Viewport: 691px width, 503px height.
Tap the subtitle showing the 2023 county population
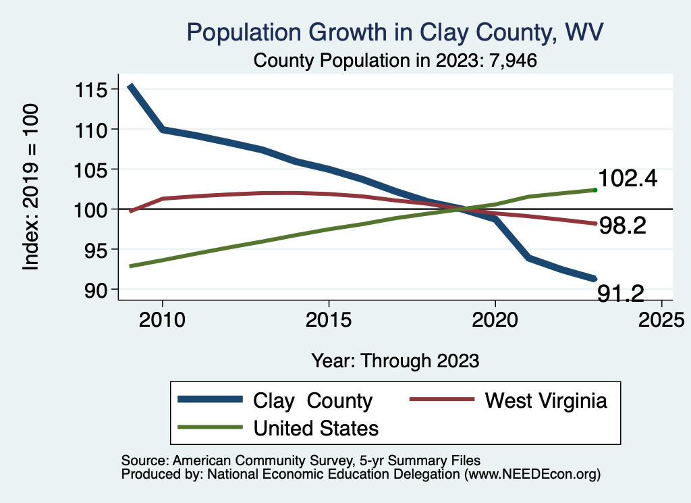point(395,61)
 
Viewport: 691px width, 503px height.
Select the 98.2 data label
point(623,226)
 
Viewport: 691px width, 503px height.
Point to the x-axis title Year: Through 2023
point(395,361)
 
